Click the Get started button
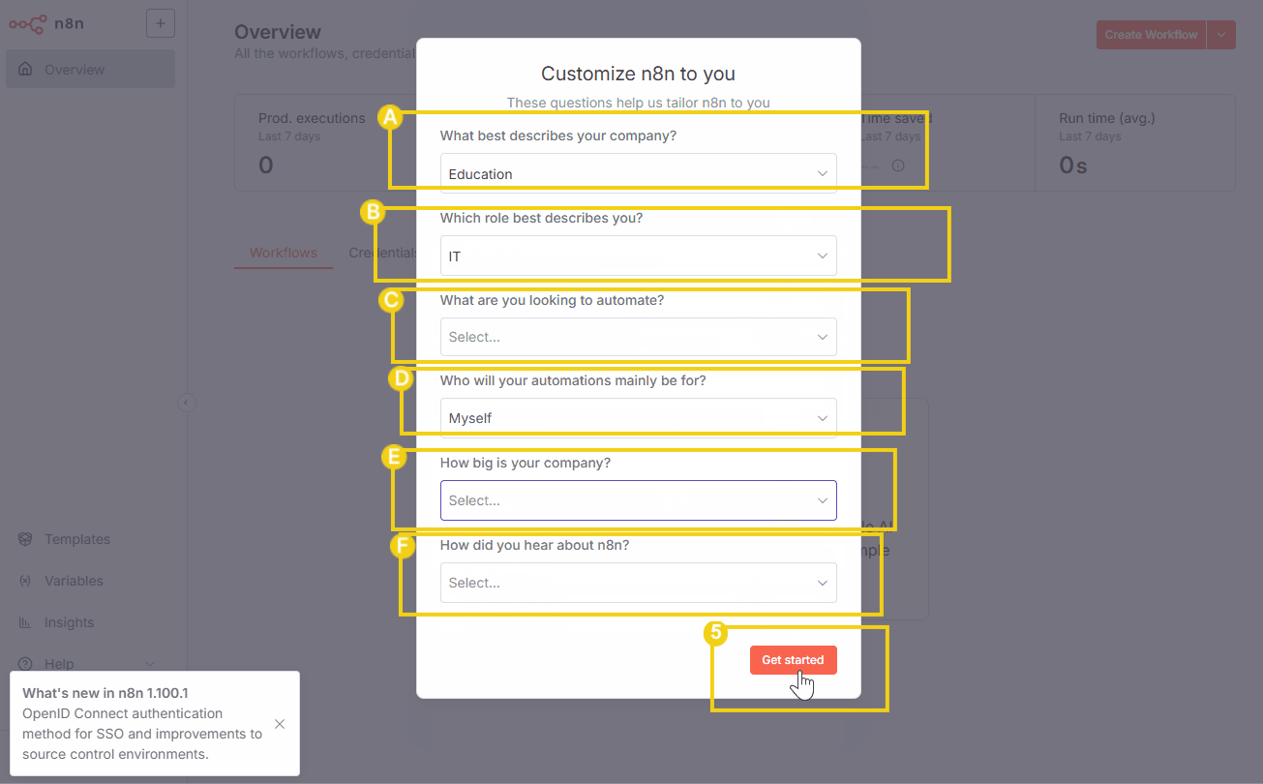pos(793,660)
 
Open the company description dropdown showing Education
pos(638,174)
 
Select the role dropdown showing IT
pos(638,256)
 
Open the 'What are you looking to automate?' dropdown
pos(638,337)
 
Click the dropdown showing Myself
pos(638,418)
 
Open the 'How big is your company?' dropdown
pos(638,500)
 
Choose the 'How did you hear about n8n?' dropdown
pos(638,583)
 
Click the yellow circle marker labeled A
pos(389,118)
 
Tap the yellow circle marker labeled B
pos(373,212)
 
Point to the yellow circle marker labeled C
pos(391,300)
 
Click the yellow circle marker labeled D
pos(401,377)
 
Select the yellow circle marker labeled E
pos(393,458)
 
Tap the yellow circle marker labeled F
pos(401,546)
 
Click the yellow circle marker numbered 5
pos(715,633)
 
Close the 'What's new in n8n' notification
pos(280,724)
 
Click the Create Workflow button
pos(1151,35)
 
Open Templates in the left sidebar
pos(77,539)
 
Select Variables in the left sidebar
pos(74,581)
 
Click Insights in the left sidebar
pos(69,622)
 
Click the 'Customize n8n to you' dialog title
pos(638,74)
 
